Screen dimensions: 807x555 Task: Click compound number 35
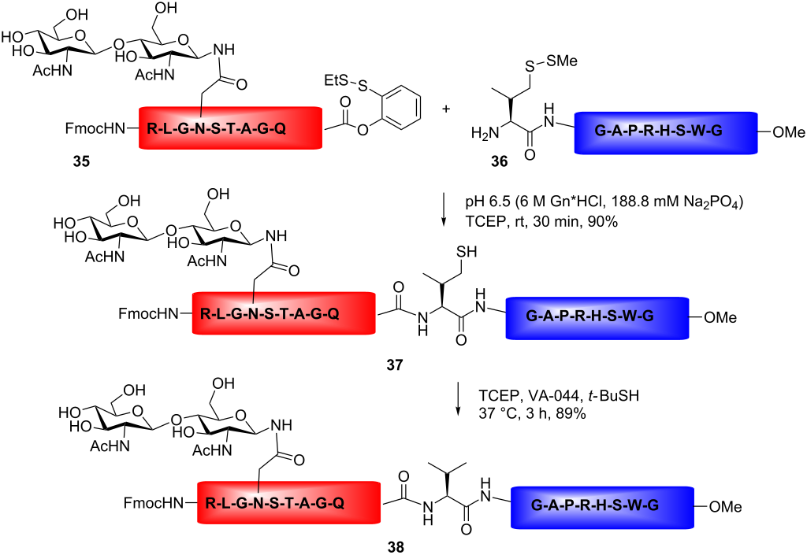click(81, 161)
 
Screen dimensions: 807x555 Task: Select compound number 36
click(499, 161)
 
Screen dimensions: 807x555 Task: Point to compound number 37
click(394, 364)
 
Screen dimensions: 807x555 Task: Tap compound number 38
click(396, 547)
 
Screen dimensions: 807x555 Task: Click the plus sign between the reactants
click(446, 109)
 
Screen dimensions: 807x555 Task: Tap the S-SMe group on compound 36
click(551, 63)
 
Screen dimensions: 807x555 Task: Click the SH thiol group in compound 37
click(466, 251)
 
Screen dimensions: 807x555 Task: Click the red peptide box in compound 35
click(231, 128)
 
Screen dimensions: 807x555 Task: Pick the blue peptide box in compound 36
click(666, 132)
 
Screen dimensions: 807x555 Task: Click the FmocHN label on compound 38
click(154, 502)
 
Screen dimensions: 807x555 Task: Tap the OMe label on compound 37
click(720, 318)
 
